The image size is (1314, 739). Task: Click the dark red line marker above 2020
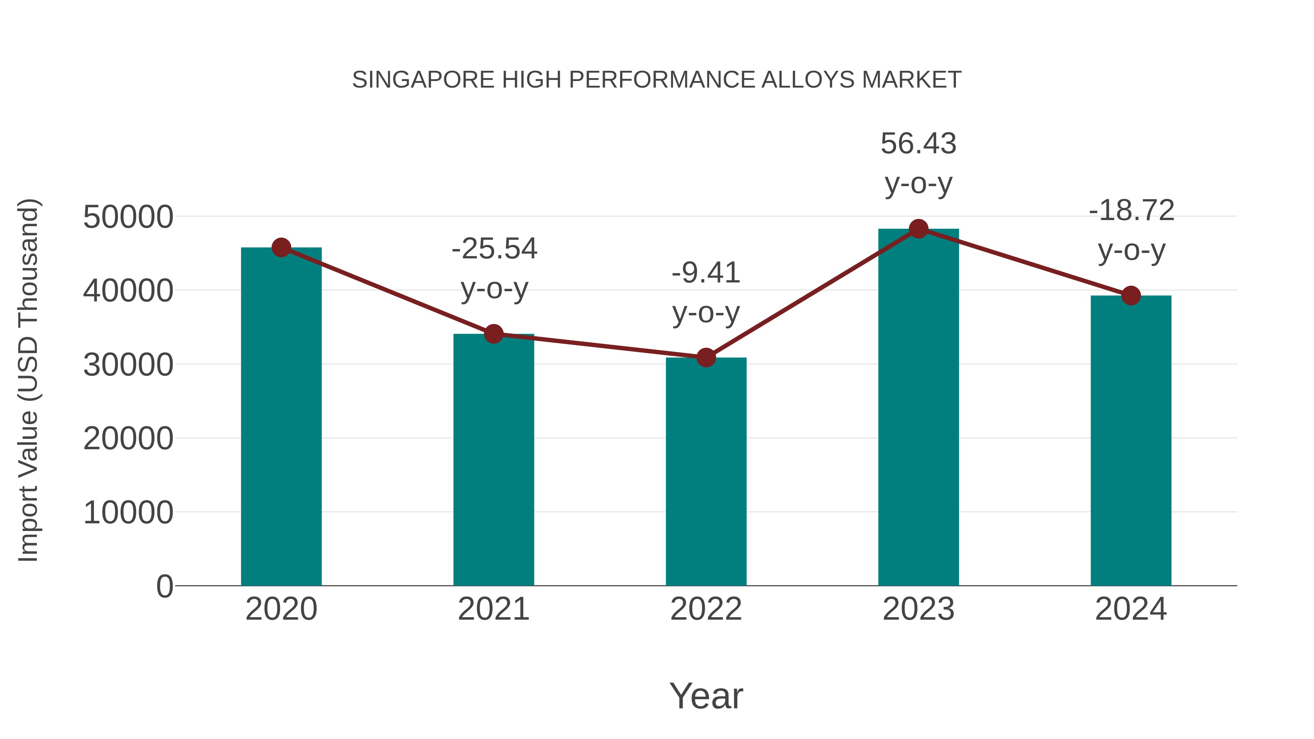[281, 248]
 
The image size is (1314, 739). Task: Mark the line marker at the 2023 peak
[919, 229]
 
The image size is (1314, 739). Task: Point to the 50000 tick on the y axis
[128, 217]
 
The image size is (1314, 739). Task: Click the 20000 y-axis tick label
[128, 439]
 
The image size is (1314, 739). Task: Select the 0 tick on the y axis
[165, 586]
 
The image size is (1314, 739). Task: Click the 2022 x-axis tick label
[706, 609]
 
